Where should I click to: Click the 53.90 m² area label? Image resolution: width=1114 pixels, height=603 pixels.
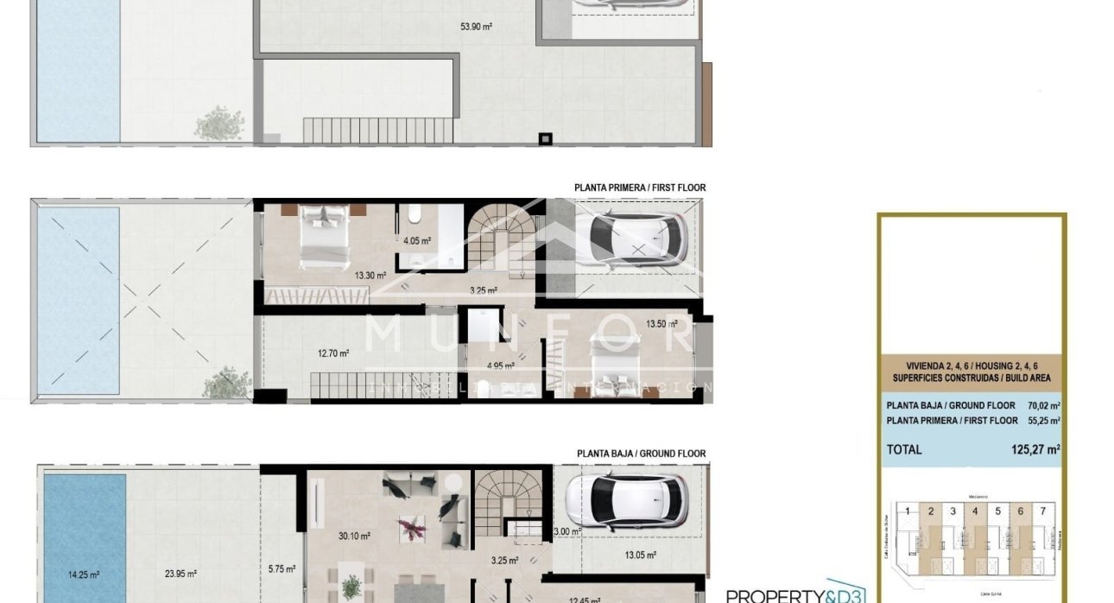pyautogui.click(x=476, y=27)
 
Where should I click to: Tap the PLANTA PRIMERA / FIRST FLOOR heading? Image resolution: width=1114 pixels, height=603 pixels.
pyautogui.click(x=640, y=187)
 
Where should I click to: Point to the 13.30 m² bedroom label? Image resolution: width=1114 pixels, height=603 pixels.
pyautogui.click(x=371, y=276)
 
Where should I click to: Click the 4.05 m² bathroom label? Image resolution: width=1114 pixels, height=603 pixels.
pyautogui.click(x=417, y=241)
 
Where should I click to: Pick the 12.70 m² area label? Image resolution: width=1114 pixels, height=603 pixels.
pyautogui.click(x=333, y=352)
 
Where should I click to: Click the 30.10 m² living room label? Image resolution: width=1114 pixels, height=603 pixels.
pyautogui.click(x=354, y=536)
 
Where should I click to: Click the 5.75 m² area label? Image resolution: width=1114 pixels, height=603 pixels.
pyautogui.click(x=282, y=568)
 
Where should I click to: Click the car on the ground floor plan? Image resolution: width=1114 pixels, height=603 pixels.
pyautogui.click(x=625, y=500)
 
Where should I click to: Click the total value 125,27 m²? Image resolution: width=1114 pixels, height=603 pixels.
pyautogui.click(x=1035, y=449)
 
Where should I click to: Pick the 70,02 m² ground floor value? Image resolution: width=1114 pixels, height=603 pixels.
pyautogui.click(x=1043, y=405)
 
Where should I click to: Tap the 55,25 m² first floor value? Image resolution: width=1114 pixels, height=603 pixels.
pyautogui.click(x=1043, y=421)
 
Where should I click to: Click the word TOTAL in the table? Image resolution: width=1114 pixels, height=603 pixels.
pyautogui.click(x=904, y=449)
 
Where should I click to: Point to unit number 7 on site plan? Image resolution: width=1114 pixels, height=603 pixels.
pyautogui.click(x=1043, y=511)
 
